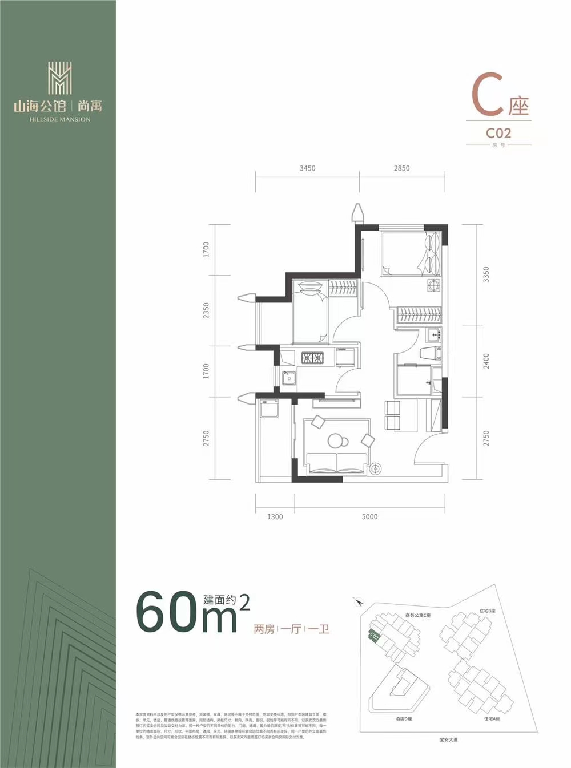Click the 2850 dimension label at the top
tap(401, 168)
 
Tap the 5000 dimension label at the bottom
tap(369, 516)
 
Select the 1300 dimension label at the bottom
tap(275, 516)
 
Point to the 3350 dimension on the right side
tap(486, 274)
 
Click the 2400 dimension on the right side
tap(486, 361)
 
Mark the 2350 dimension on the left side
tap(206, 310)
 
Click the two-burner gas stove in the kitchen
tap(312, 358)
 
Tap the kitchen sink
tap(289, 377)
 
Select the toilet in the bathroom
tap(428, 353)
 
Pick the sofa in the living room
tap(337, 463)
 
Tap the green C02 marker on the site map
tap(374, 635)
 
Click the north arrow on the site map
tap(358, 601)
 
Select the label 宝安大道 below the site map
tap(448, 739)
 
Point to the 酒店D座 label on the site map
tap(403, 719)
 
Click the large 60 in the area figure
tap(166, 613)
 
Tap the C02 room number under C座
tap(498, 133)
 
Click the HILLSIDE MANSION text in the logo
tap(59, 119)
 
